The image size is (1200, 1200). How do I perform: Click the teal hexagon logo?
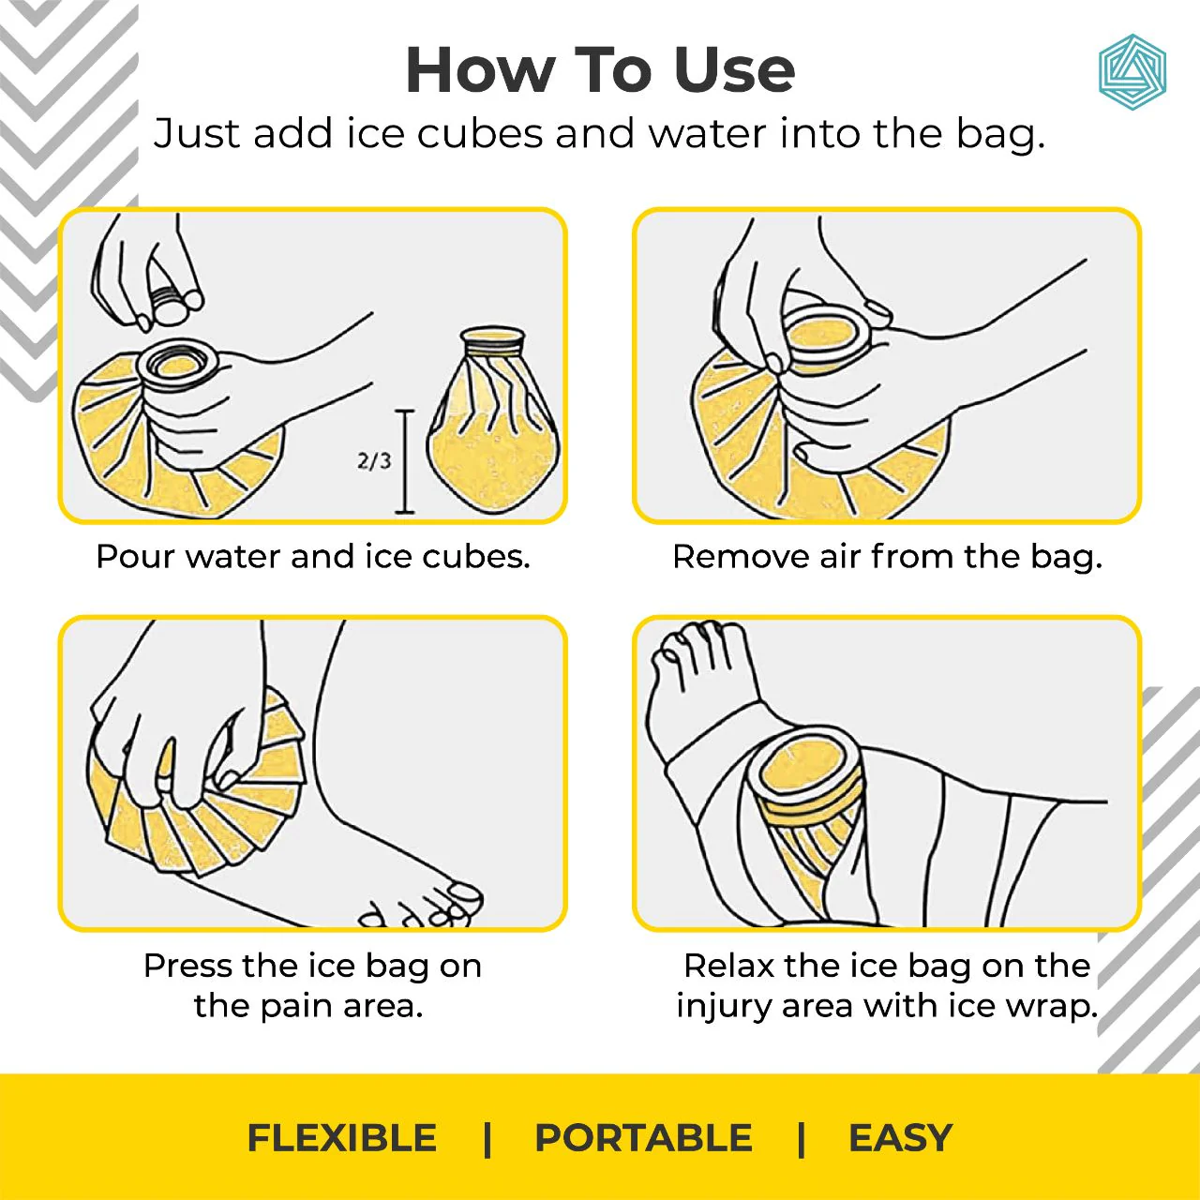point(1132,73)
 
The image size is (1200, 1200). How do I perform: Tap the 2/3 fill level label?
point(373,460)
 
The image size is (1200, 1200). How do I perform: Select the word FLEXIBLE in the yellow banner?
point(341,1138)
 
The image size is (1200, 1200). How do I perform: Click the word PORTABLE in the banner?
point(643,1138)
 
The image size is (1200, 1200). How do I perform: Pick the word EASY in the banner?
point(900,1138)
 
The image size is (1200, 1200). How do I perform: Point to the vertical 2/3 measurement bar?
point(405,461)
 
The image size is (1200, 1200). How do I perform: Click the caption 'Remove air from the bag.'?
point(887,557)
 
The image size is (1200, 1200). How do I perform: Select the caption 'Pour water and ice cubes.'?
point(313,557)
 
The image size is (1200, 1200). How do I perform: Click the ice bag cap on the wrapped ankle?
point(804,769)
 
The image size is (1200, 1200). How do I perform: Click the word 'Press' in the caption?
point(187,966)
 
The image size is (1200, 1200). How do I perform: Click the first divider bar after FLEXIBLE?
point(487,1139)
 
